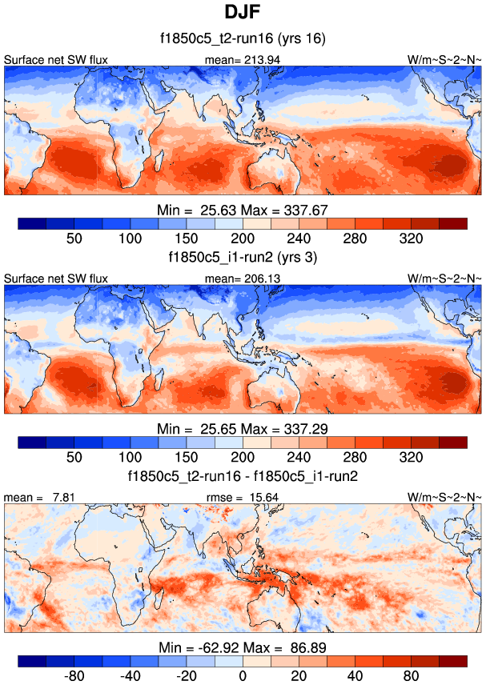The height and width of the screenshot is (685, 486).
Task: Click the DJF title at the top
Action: point(243,13)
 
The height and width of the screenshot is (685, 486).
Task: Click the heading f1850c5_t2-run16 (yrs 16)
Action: point(243,39)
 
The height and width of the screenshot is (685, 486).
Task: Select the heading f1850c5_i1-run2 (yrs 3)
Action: point(243,258)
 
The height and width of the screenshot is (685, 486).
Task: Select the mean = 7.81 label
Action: point(29,497)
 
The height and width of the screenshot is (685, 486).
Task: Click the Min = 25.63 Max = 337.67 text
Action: point(243,210)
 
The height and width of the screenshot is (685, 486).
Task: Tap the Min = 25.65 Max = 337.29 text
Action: point(243,428)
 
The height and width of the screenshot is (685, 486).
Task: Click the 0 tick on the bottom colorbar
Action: point(243,675)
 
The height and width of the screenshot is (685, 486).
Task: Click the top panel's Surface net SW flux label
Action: point(55,60)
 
